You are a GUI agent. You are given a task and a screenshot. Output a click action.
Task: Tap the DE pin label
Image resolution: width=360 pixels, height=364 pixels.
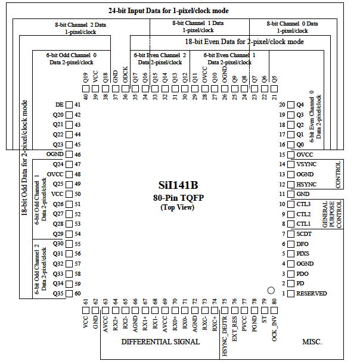click(58, 105)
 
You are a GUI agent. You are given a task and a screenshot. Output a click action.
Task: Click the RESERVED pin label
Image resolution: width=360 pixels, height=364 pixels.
click(312, 294)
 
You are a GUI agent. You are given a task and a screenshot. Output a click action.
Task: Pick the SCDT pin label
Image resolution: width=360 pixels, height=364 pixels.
click(304, 234)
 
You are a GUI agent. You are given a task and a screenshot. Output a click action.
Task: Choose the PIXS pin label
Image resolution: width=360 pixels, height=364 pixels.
click(303, 254)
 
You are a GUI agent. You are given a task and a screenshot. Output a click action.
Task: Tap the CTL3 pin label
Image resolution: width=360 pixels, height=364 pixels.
click(303, 204)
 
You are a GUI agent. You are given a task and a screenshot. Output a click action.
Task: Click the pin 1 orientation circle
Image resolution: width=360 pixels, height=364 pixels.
click(270, 290)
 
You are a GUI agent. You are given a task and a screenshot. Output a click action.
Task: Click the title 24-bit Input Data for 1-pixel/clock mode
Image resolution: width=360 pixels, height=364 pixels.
click(176, 11)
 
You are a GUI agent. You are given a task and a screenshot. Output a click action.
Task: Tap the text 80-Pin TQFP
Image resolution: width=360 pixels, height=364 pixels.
click(178, 197)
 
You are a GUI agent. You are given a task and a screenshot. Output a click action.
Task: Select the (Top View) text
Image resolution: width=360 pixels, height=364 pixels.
click(177, 207)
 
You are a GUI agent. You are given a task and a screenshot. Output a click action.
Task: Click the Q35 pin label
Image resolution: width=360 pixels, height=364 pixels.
click(58, 294)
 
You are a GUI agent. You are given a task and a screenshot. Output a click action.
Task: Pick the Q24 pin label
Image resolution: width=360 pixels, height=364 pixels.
click(58, 164)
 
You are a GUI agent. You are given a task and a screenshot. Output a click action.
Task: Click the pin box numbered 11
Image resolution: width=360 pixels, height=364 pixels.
click(291, 194)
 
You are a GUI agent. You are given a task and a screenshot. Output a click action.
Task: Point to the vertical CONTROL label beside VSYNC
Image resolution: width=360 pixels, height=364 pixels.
click(339, 175)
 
